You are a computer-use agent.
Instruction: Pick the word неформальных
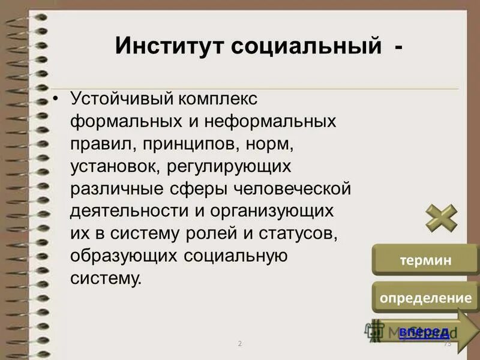pyautogui.click(x=269, y=121)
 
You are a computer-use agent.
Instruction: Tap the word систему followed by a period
pyautogui.click(x=107, y=279)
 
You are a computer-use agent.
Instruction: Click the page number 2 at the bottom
pyautogui.click(x=239, y=344)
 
